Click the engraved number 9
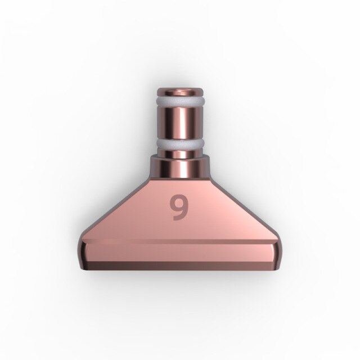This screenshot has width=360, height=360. click(x=179, y=208)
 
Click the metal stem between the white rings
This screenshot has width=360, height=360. click(x=179, y=124)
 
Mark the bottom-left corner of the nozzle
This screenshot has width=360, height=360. click(x=86, y=269)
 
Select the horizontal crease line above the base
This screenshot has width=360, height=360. click(x=179, y=242)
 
